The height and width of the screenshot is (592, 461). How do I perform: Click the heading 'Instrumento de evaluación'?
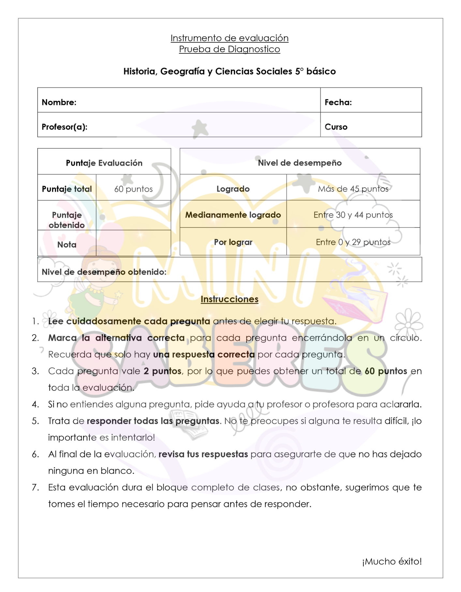coord(230,38)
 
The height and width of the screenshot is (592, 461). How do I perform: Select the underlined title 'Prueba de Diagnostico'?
coord(230,49)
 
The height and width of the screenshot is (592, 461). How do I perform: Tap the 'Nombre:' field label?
coord(59,102)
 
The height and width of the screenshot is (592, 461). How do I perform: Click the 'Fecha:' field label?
coord(338,102)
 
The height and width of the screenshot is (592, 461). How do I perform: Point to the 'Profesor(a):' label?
coord(65,127)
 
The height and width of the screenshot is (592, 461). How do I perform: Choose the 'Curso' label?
coord(336,127)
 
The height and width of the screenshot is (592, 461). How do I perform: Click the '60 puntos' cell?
coord(133,189)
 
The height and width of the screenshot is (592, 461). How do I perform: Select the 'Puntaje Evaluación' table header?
coord(104,163)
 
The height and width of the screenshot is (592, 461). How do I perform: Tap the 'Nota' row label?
coord(67,245)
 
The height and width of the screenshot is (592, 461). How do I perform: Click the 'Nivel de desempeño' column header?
coord(300,163)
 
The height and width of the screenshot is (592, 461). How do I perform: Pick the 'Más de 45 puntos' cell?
coord(353,189)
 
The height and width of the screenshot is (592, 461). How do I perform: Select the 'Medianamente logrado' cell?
coord(233,215)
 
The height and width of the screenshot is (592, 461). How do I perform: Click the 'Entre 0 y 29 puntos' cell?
coord(353,242)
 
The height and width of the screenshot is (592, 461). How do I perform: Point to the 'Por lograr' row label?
coord(233,242)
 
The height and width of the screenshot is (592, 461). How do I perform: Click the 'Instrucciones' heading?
coord(230,299)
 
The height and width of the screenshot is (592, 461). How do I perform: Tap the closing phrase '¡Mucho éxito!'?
coord(392,561)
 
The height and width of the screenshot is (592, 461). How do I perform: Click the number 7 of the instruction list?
coord(35,487)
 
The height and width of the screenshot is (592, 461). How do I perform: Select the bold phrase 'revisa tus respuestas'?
coord(203,454)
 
